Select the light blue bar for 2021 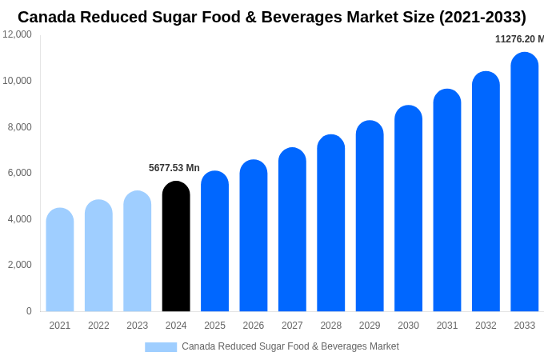60,260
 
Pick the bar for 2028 330,223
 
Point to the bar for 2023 138,251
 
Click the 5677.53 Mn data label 174,168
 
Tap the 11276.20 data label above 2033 518,39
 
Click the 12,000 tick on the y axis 18,34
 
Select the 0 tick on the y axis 29,311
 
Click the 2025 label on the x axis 214,326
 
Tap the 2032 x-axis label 486,326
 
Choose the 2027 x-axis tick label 292,326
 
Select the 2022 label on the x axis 98,326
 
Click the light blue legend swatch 161,346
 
